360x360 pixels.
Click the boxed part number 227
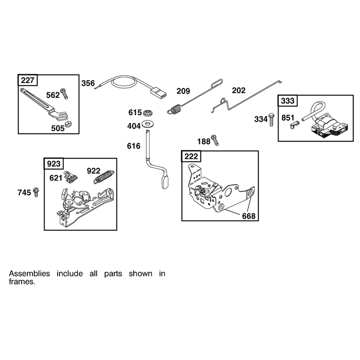coord(27,81)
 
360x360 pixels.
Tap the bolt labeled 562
coord(64,94)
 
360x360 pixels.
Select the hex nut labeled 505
coord(68,124)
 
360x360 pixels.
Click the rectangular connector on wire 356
coord(158,93)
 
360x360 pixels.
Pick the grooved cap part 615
coord(148,113)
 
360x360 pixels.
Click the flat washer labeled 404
coord(148,124)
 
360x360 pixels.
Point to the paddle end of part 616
coord(165,181)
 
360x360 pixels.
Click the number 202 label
coord(238,90)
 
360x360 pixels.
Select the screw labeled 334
coord(272,120)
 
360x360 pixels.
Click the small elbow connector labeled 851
coord(295,125)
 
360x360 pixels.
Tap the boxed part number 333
coord(288,101)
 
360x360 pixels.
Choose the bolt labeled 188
coord(215,140)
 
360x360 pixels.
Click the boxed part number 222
coord(191,157)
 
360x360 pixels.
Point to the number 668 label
coord(249,216)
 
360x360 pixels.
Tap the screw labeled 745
coord(36,192)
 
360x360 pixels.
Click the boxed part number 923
coord(54,164)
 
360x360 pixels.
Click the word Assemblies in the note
coord(29,274)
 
